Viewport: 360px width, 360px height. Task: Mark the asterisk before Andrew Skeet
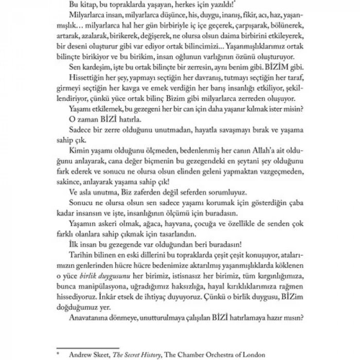[59, 352]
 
